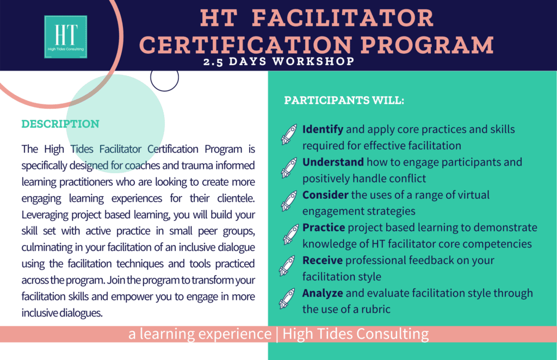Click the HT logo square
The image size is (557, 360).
pos(66,37)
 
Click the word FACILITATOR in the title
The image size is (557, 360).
pos(343,18)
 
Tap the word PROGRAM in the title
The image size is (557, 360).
pos(428,45)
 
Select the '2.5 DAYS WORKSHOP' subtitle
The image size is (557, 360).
pos(279,61)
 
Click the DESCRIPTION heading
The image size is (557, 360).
pos(60,124)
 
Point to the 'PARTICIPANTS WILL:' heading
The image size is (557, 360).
pos(344,100)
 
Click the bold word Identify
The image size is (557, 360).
pos(323,129)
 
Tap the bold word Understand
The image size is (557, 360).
pos(333,162)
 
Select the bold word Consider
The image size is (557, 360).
pos(325,195)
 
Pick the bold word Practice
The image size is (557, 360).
pos(324,228)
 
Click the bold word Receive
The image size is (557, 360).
pos(323,260)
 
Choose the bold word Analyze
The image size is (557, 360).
pos(323,293)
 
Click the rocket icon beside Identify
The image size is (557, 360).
pos(289,134)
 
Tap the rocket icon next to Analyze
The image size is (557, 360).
pos(287,298)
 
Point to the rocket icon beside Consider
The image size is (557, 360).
pos(289,200)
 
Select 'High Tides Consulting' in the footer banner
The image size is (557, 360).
pos(356,334)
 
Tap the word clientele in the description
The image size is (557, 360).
pos(236,198)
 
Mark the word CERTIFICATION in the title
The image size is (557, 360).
pos(246,45)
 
